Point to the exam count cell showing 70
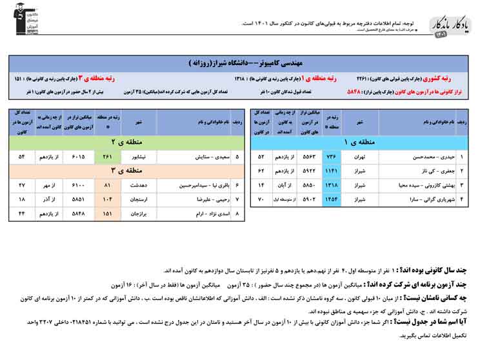[x=262, y=201]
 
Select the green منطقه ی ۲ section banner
[x=123, y=141]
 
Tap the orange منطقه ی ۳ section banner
[x=123, y=170]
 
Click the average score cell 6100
[x=78, y=185]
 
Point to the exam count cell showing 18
[x=22, y=199]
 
